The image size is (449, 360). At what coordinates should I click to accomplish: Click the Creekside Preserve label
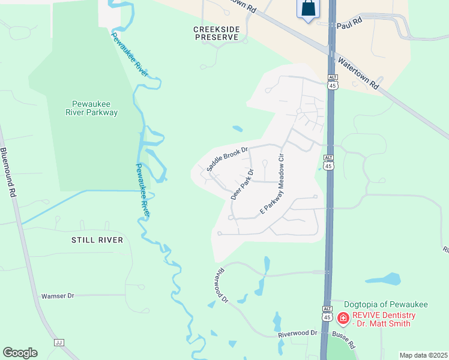coord(216,33)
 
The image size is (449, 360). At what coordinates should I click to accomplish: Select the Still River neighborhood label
coord(97,240)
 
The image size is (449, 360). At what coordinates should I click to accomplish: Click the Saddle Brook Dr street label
coord(228,160)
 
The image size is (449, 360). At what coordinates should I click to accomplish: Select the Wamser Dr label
coord(57,296)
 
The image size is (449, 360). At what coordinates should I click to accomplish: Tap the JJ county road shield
coord(59,343)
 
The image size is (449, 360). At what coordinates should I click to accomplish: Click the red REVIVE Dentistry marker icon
coord(343,318)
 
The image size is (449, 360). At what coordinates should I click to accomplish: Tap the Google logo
coord(20,353)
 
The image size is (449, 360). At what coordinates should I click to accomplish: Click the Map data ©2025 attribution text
coord(423,355)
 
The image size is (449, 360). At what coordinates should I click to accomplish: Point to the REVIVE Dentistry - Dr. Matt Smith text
coord(384,319)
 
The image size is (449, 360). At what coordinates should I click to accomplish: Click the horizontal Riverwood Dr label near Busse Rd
coord(297,332)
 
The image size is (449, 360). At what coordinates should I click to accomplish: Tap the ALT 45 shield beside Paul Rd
coord(333,82)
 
